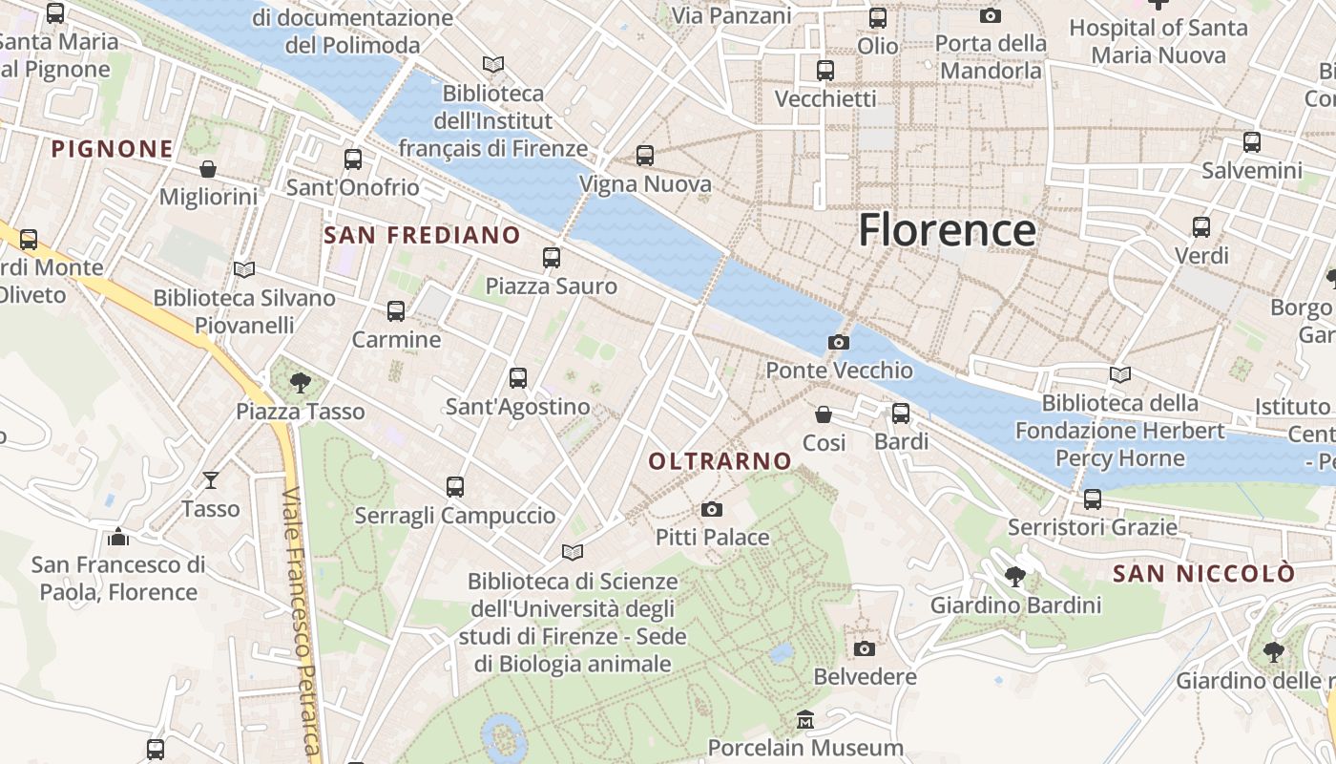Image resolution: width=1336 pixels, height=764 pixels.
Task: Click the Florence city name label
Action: [x=947, y=231]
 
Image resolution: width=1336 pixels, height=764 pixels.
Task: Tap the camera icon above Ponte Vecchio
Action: [x=839, y=342]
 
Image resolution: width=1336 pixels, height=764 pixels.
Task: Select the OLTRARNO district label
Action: [x=720, y=461]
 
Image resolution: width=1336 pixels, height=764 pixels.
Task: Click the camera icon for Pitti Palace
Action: [x=712, y=509]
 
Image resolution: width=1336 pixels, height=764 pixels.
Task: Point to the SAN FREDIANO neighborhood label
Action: [x=422, y=235]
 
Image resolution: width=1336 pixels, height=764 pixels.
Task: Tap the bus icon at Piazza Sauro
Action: [x=552, y=257]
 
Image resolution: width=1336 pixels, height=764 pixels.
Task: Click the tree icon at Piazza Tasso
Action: [x=301, y=383]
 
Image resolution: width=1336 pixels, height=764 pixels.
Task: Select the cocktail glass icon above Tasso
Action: [x=211, y=479]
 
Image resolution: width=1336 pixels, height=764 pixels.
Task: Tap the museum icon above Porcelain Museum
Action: [x=805, y=719]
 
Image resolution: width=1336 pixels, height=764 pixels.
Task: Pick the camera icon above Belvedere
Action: [x=865, y=648]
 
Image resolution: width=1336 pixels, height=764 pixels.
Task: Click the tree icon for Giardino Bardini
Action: [x=1015, y=576]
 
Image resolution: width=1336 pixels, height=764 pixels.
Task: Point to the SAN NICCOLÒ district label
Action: [x=1204, y=573]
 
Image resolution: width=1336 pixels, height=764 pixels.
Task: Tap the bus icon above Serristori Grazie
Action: [x=1093, y=499]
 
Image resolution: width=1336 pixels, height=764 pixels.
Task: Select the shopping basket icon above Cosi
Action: [x=824, y=414]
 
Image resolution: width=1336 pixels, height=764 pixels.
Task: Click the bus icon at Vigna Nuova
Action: [x=645, y=155]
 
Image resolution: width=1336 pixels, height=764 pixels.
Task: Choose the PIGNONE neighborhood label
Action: [x=113, y=149]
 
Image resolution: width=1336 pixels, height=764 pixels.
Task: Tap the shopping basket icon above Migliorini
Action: [x=208, y=169]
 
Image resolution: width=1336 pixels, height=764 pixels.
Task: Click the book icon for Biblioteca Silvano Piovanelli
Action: [x=245, y=269]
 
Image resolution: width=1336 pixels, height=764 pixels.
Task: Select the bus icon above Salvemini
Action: [x=1252, y=142]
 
